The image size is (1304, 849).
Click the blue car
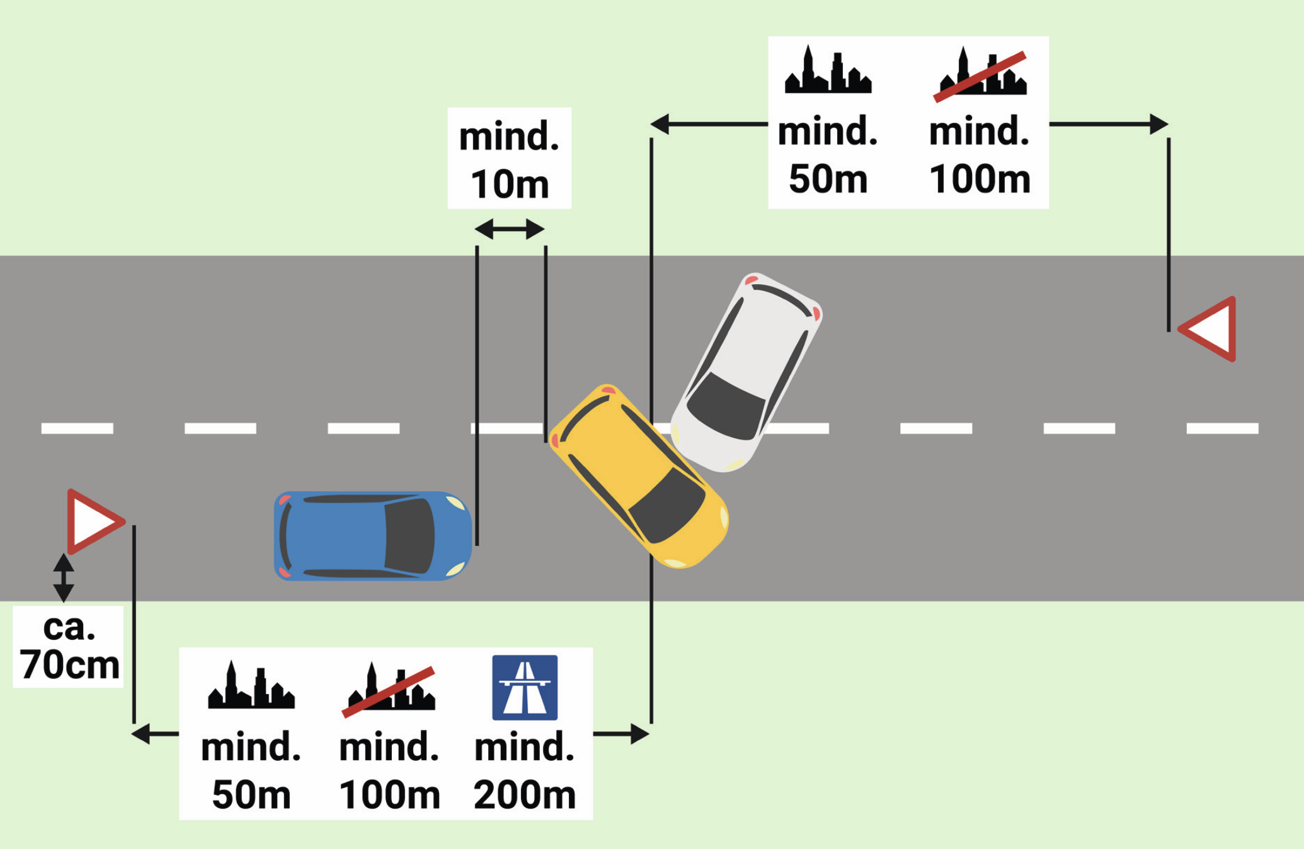click(x=373, y=536)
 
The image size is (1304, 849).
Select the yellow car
click(x=639, y=476)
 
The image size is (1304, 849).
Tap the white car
click(x=746, y=372)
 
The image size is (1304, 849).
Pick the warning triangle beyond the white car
click(x=1208, y=329)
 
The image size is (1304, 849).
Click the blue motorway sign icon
click(x=525, y=687)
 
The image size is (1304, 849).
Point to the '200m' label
click(x=525, y=794)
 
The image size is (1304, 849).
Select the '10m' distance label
click(x=510, y=184)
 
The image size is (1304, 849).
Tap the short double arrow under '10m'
click(x=509, y=229)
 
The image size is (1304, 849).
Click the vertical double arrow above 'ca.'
click(x=63, y=578)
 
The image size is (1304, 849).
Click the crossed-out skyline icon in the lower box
click(x=389, y=689)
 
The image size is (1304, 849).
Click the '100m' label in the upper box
click(x=980, y=179)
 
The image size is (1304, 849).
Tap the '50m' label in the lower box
click(x=251, y=794)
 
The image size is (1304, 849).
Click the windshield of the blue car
click(x=409, y=536)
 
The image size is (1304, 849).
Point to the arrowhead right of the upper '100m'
click(x=1159, y=124)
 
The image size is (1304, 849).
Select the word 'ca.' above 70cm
click(x=69, y=627)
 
